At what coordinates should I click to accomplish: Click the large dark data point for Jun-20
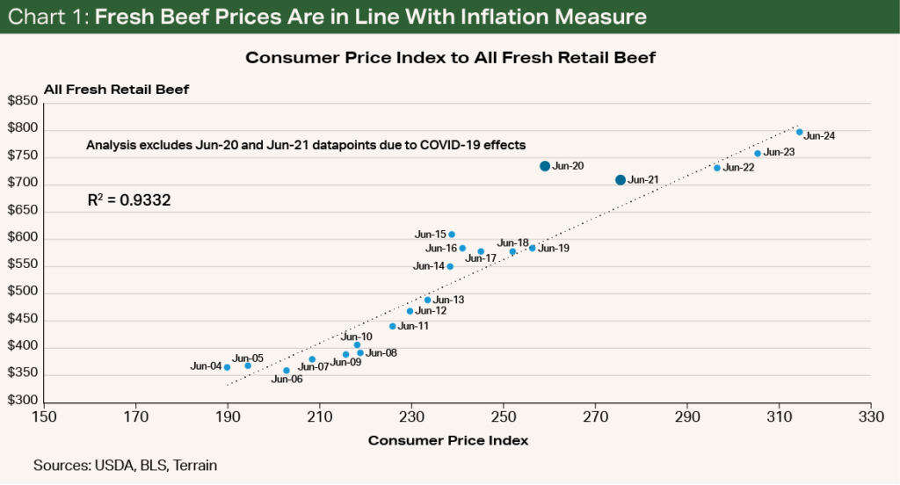click(545, 166)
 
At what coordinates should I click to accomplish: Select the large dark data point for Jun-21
click(621, 180)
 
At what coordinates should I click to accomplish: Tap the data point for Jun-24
click(799, 132)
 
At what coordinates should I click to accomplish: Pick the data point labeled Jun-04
click(227, 367)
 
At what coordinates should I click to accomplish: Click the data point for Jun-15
click(452, 235)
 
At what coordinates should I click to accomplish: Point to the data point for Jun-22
click(717, 168)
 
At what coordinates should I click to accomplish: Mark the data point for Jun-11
click(392, 326)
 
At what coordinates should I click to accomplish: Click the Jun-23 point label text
click(780, 153)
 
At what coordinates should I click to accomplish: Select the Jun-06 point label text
click(287, 380)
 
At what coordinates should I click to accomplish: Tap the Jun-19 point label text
click(554, 249)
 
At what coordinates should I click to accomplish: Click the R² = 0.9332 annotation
click(128, 200)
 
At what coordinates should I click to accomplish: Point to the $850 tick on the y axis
click(23, 102)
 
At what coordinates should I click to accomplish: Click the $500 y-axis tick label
click(23, 293)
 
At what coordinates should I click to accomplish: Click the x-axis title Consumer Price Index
click(447, 440)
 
